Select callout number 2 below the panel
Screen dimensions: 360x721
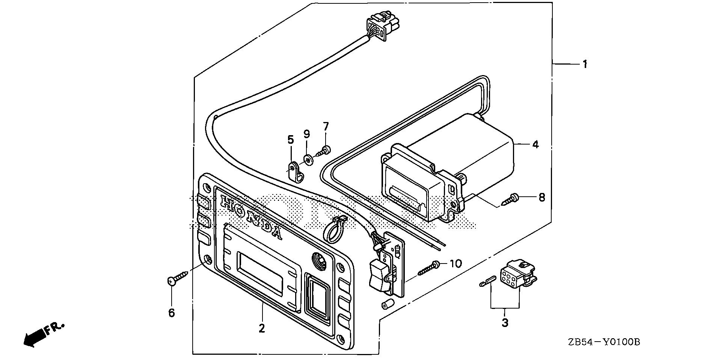click(x=262, y=328)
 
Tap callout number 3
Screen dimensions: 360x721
click(x=505, y=322)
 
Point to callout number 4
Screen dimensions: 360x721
click(x=535, y=144)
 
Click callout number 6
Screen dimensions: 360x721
click(x=171, y=312)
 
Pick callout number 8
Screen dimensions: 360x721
click(x=542, y=197)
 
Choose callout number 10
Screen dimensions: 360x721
click(x=456, y=264)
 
